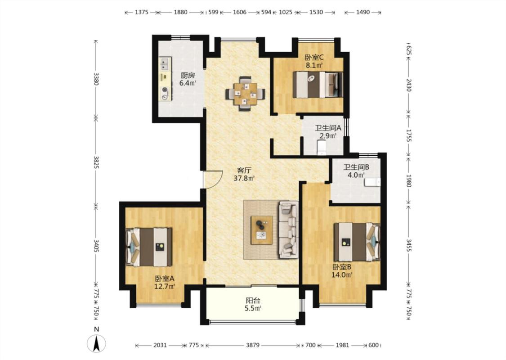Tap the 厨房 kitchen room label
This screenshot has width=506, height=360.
tap(188, 76)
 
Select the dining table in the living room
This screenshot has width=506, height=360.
tap(246, 94)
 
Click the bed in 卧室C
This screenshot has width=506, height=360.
tap(318, 84)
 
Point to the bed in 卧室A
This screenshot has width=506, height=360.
tap(149, 247)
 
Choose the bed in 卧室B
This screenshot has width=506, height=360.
tap(357, 242)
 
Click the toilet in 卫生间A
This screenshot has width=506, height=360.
tap(322, 149)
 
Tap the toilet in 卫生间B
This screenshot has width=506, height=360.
tap(372, 182)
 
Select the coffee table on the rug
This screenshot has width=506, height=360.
tap(262, 230)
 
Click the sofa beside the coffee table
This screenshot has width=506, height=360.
tap(288, 229)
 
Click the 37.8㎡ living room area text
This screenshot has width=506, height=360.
tap(244, 178)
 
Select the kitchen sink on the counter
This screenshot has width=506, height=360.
tap(165, 63)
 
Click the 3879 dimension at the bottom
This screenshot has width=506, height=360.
tap(253, 345)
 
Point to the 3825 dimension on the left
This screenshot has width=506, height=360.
tap(96, 162)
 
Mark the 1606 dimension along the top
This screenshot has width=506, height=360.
tap(239, 12)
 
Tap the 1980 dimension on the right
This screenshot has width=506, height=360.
tap(408, 181)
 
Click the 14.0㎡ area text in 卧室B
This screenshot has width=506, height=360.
tap(342, 275)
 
